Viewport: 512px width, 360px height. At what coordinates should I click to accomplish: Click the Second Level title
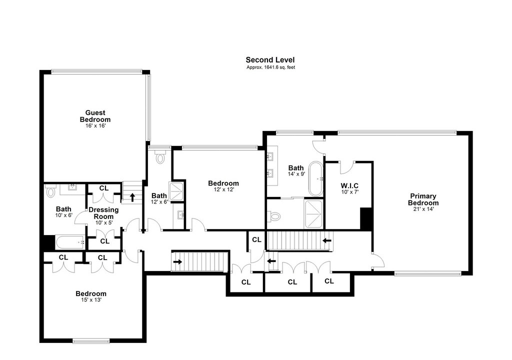270,60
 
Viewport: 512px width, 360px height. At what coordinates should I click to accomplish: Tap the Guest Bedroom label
95,116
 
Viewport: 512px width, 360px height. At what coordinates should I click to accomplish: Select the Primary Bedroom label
423,199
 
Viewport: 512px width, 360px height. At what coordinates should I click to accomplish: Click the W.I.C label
349,186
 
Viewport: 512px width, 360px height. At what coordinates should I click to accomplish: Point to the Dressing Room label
103,213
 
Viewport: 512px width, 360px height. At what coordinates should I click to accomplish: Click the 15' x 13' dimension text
91,299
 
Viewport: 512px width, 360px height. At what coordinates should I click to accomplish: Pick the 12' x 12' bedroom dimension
223,189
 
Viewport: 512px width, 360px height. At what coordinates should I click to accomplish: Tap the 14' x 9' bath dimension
296,174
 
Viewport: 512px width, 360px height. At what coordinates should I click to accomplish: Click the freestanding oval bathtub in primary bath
316,178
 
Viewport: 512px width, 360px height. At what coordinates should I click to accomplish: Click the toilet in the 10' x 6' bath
50,190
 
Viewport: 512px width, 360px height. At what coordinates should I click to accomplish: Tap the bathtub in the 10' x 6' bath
70,242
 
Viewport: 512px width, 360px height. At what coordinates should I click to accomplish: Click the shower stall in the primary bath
313,214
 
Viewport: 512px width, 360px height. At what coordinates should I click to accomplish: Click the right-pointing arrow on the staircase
178,261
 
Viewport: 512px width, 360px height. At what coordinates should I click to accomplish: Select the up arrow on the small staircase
132,197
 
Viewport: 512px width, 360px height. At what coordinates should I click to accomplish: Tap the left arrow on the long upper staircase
327,241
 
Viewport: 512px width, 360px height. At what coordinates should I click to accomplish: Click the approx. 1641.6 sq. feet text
270,67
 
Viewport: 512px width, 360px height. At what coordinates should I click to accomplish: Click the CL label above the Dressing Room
104,188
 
